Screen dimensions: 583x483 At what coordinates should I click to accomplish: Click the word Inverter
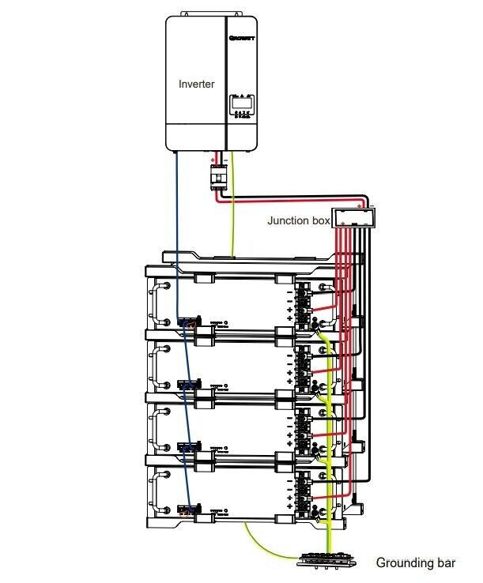(x=197, y=83)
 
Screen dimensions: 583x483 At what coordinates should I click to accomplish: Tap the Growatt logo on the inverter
(x=241, y=37)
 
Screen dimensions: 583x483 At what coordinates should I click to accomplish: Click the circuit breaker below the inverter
(x=217, y=177)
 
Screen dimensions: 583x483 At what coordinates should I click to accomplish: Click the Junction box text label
(x=299, y=220)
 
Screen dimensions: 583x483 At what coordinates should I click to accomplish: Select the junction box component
(x=352, y=216)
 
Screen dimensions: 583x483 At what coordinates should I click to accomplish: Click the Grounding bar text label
(x=415, y=563)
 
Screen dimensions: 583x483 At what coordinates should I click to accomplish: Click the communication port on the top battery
(x=189, y=324)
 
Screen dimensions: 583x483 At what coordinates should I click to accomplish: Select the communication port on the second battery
(x=190, y=385)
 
